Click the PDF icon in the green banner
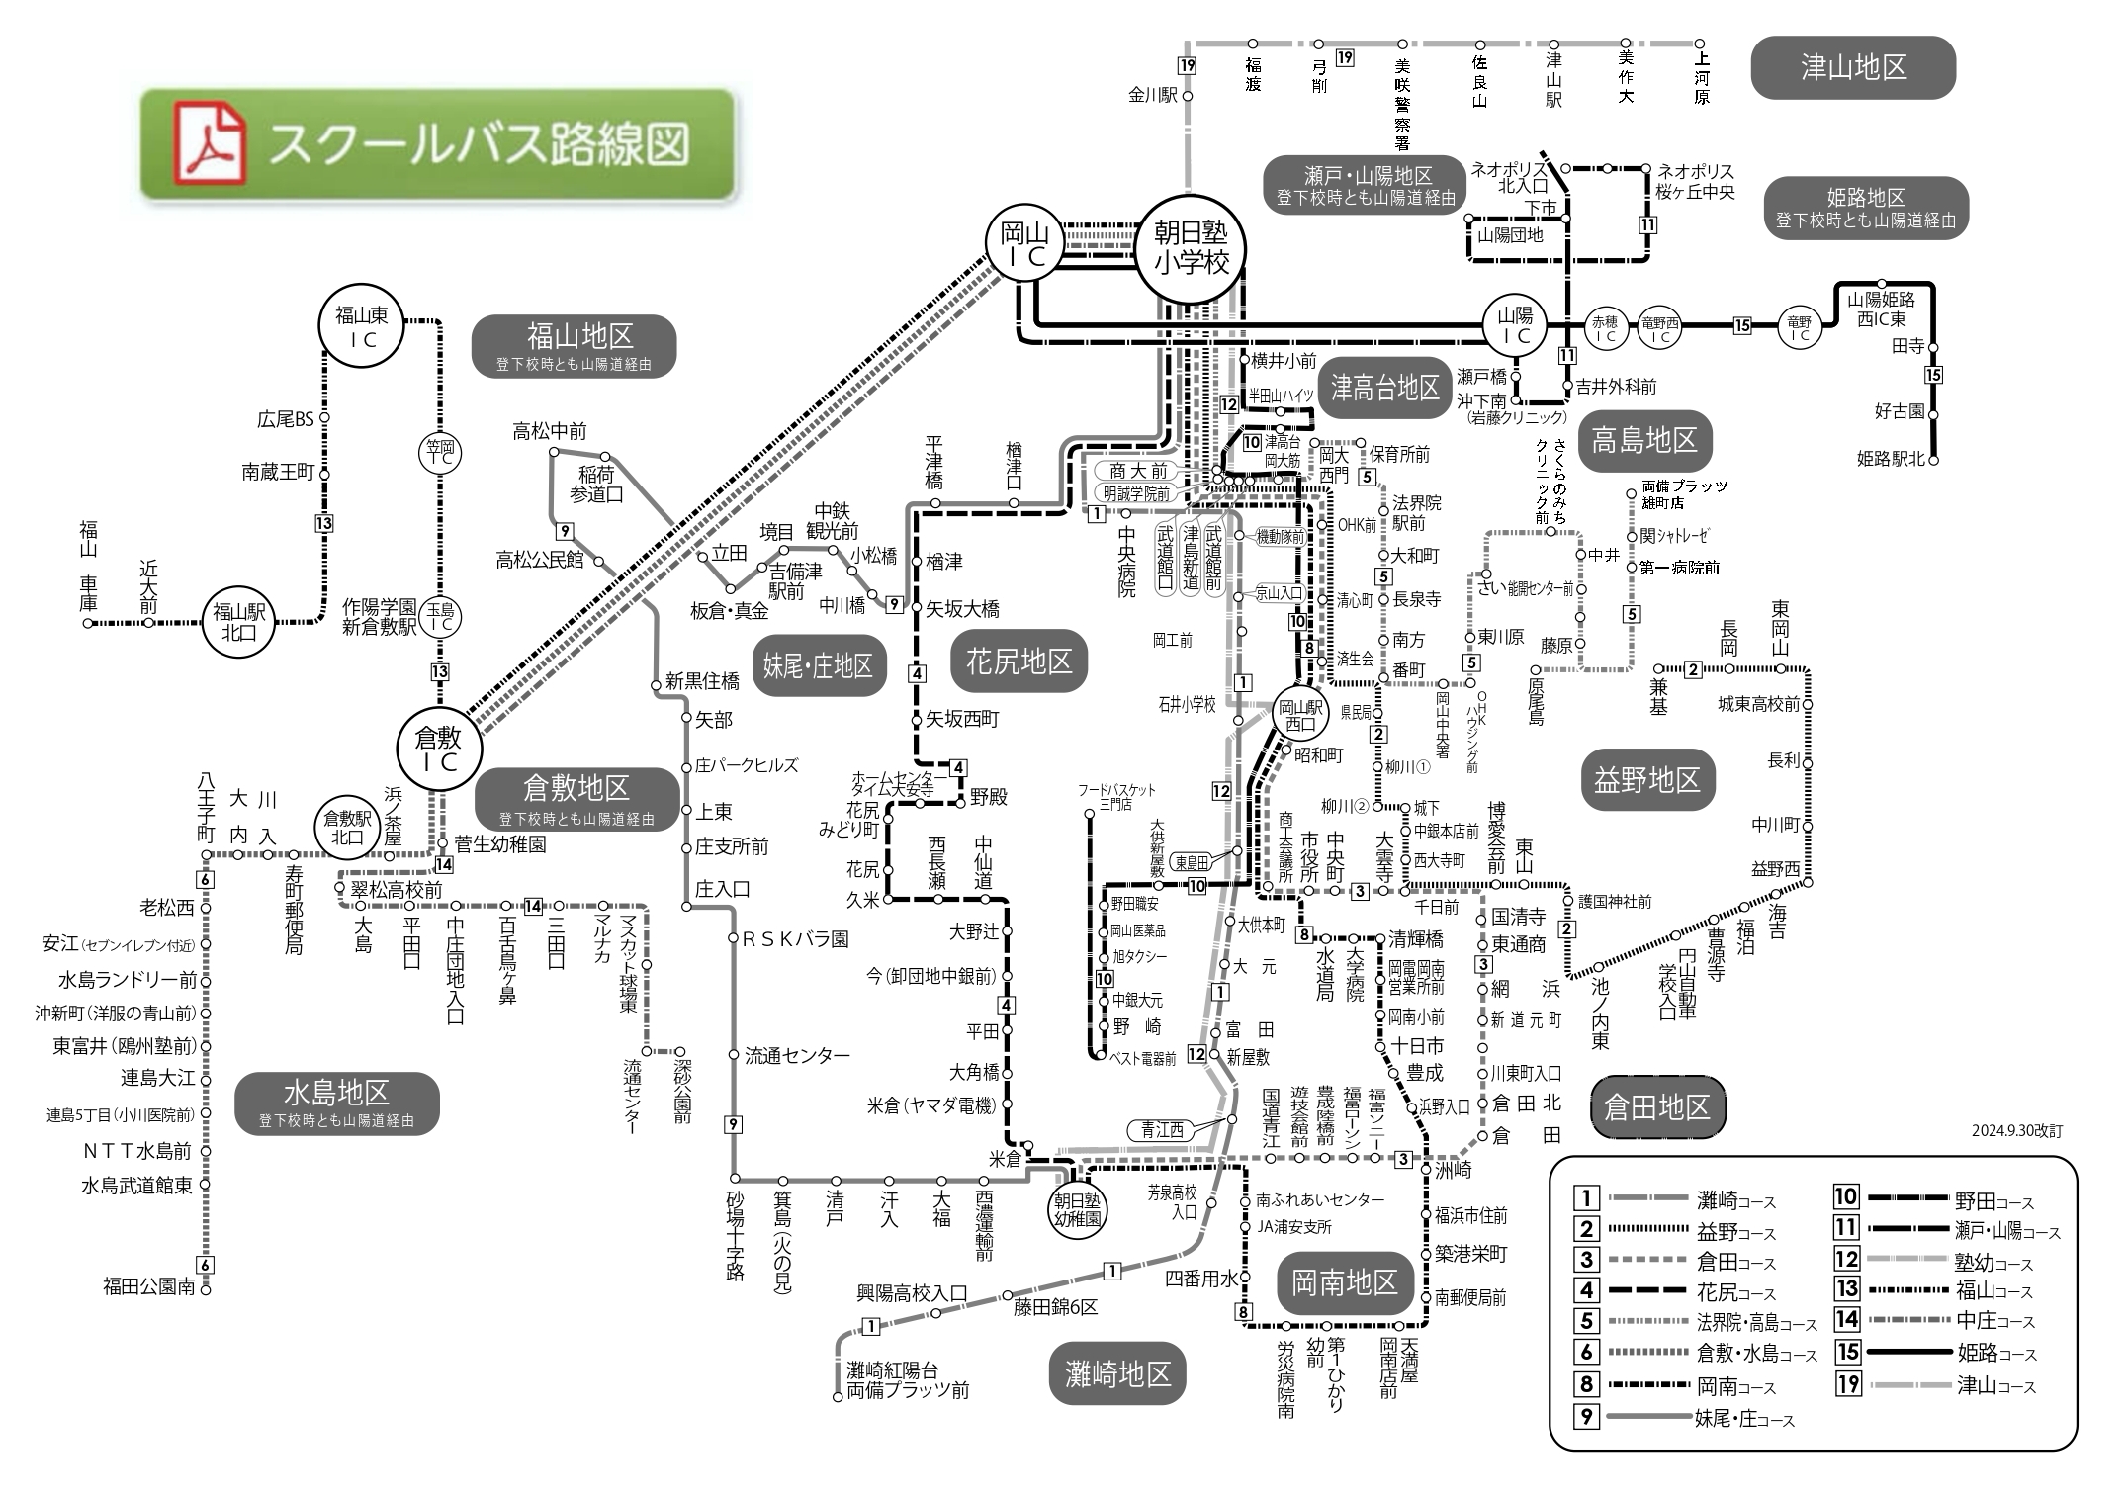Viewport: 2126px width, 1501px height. tap(210, 144)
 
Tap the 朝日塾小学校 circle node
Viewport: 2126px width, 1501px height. tap(1191, 247)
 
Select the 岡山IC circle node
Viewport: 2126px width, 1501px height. tap(1024, 244)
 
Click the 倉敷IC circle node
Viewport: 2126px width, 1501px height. tap(439, 749)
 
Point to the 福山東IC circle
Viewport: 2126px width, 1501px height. tap(362, 327)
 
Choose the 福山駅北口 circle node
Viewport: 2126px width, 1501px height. tap(239, 622)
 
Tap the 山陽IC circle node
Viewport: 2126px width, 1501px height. tap(1514, 325)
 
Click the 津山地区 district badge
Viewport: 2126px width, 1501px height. tap(1853, 67)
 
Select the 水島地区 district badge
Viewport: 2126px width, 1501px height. tap(336, 1103)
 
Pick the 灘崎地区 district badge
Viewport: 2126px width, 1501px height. tap(1117, 1373)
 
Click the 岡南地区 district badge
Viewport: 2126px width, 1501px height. tap(1345, 1282)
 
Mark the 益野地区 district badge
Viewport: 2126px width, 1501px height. tap(1646, 780)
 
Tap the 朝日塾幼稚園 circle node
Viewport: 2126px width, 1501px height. tap(1077, 1209)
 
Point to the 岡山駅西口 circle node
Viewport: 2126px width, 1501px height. tap(1300, 715)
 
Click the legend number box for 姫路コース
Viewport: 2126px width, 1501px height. tap(1847, 1352)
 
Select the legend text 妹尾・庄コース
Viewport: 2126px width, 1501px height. tap(1743, 1419)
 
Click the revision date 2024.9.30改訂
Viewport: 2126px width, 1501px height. tap(2017, 1131)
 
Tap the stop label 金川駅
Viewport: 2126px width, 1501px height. tap(1153, 95)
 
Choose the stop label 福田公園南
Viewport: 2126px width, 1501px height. tap(149, 1286)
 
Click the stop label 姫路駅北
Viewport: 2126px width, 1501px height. tap(1891, 459)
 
